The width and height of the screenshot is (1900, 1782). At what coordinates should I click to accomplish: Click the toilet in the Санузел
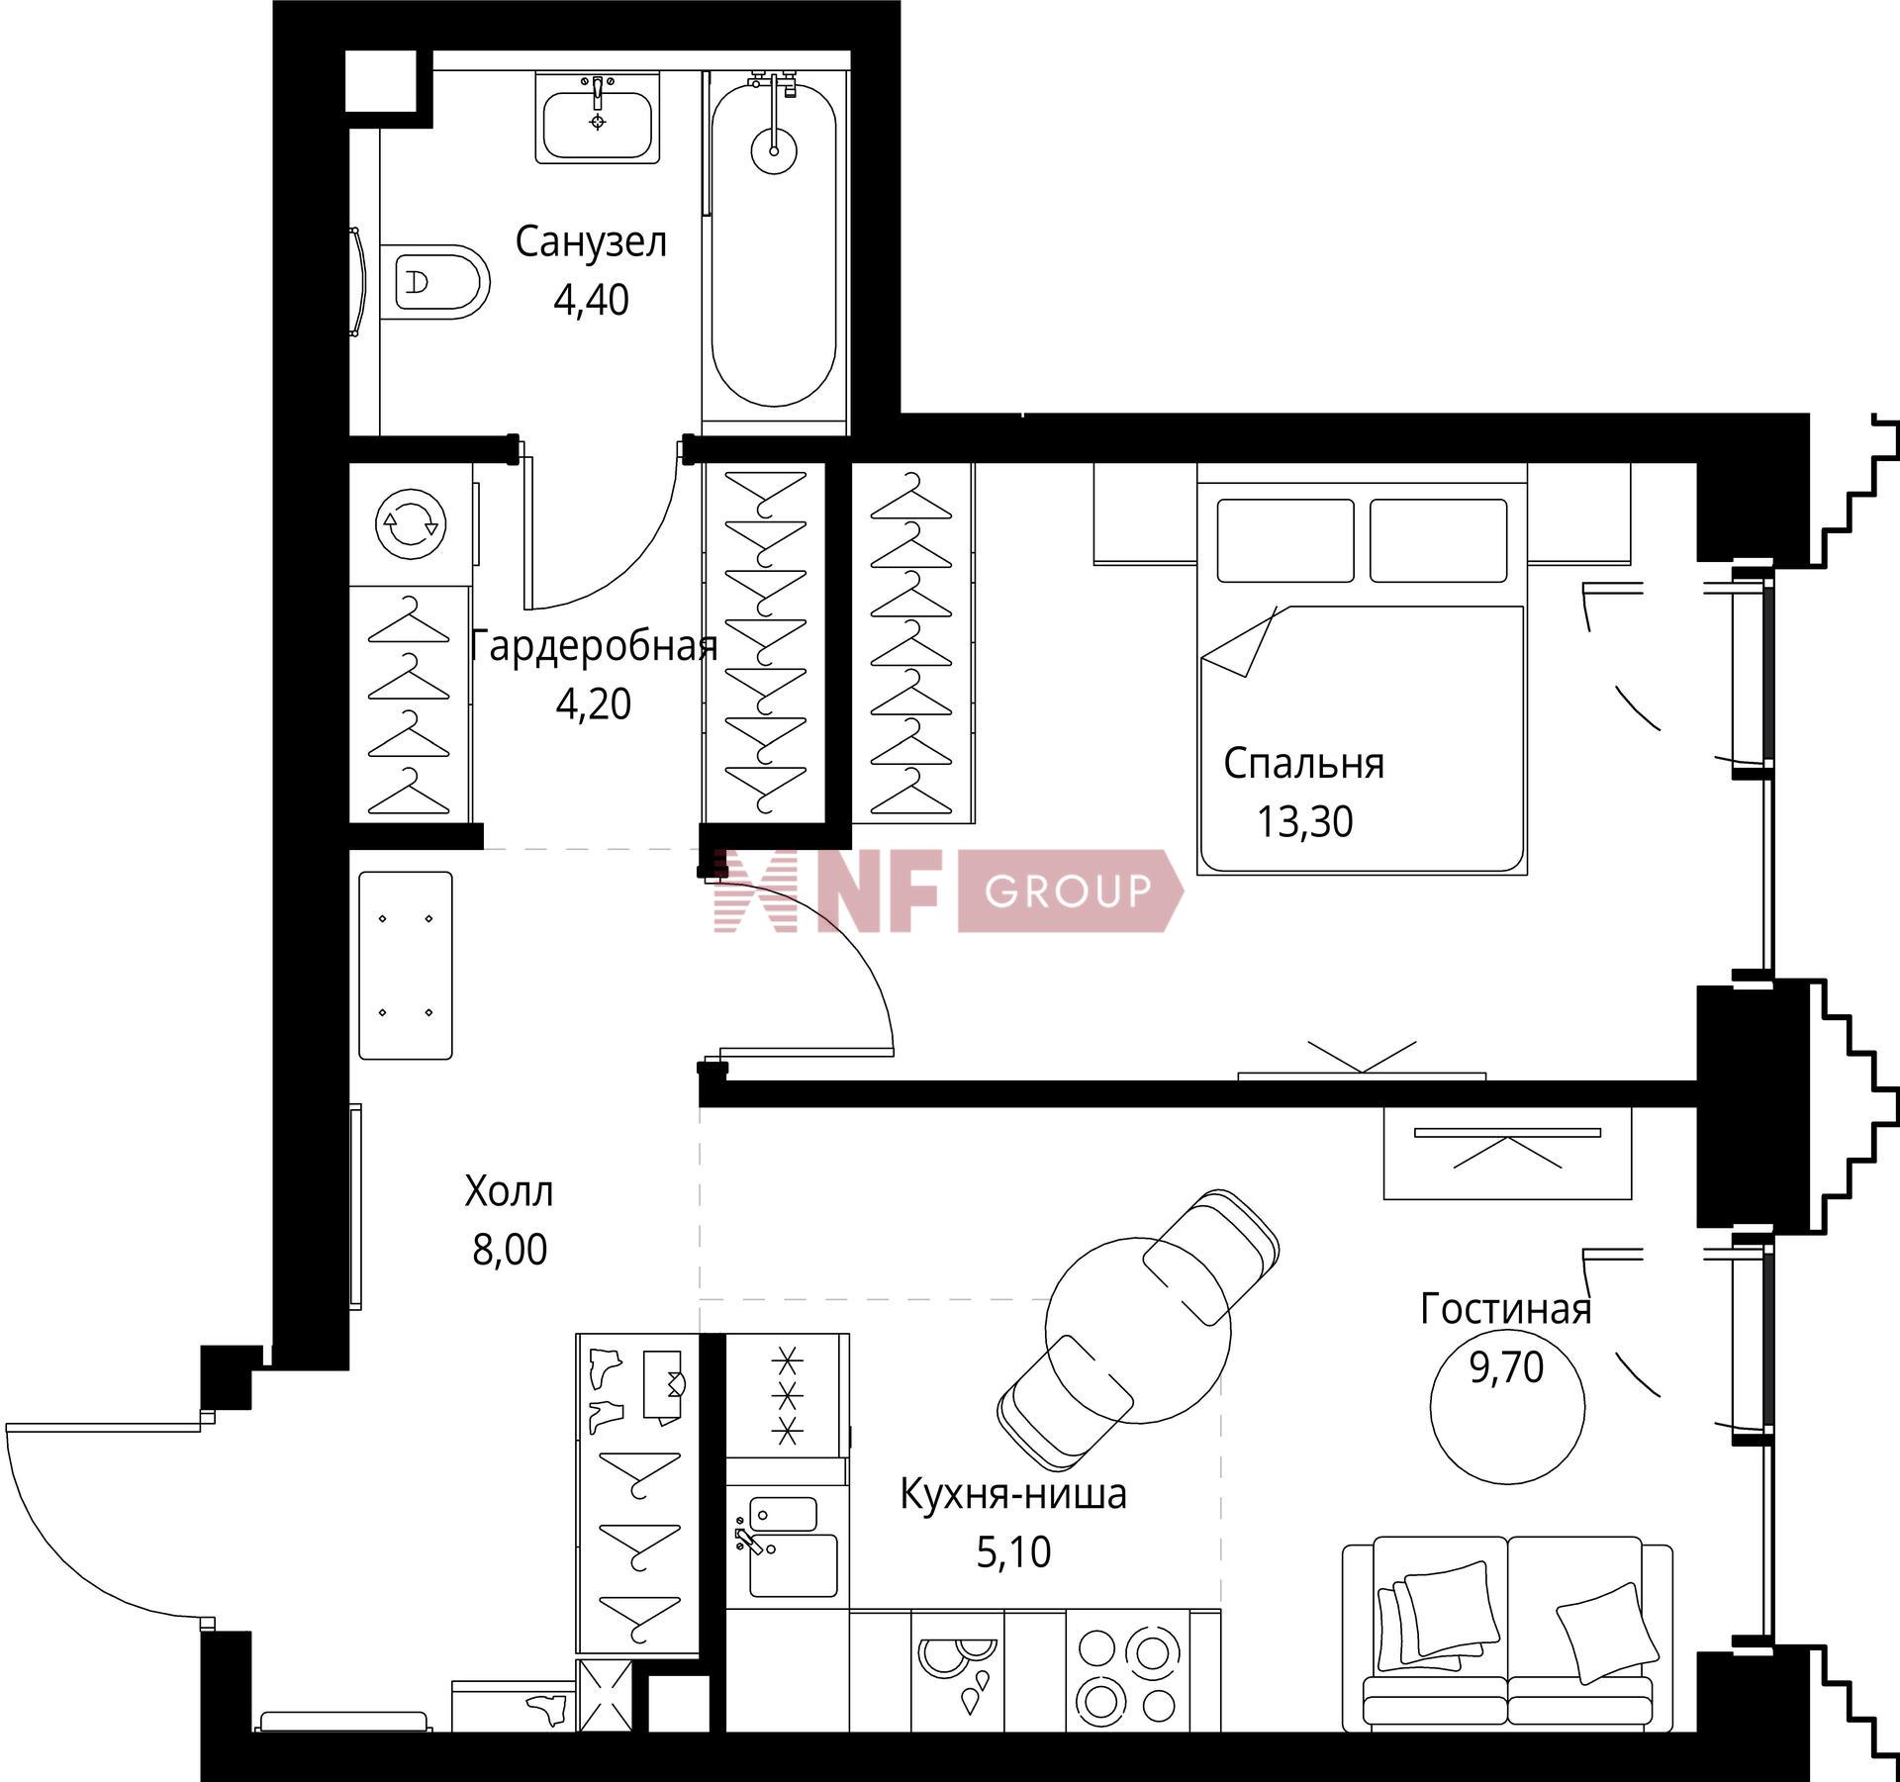pyautogui.click(x=435, y=282)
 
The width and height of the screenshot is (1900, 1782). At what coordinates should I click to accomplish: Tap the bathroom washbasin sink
pyautogui.click(x=598, y=117)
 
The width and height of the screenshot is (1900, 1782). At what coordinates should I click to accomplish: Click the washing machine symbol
pyautogui.click(x=411, y=522)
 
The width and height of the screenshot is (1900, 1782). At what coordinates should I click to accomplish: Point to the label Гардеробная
pyautogui.click(x=594, y=646)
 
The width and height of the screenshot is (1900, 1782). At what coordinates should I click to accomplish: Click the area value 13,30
pyautogui.click(x=1304, y=822)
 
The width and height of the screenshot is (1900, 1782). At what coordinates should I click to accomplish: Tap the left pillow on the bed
pyautogui.click(x=1285, y=540)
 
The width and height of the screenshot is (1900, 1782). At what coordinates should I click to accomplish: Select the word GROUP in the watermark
pyautogui.click(x=1068, y=891)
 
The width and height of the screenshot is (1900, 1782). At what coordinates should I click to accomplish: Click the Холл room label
pyautogui.click(x=509, y=1192)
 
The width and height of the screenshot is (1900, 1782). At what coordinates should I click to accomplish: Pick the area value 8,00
pyautogui.click(x=510, y=1250)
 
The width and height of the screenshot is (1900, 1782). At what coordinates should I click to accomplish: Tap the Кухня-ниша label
pyautogui.click(x=1013, y=1494)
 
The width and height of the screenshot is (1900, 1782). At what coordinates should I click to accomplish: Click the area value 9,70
pyautogui.click(x=1506, y=1367)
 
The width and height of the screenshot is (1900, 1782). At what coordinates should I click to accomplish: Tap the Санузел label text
pyautogui.click(x=591, y=241)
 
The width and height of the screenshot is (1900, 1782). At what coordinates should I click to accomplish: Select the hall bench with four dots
pyautogui.click(x=406, y=965)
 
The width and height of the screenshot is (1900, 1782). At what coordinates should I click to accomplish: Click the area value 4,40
pyautogui.click(x=591, y=300)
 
